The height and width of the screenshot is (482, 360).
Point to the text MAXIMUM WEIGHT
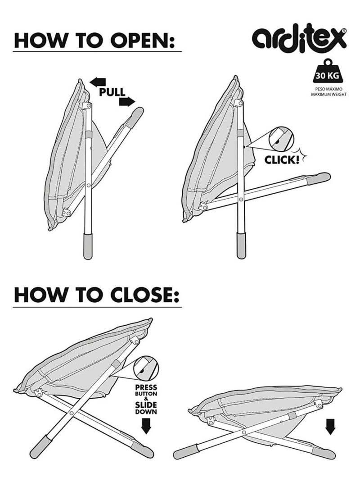pyautogui.click(x=328, y=94)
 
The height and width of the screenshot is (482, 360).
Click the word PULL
pyautogui.click(x=112, y=92)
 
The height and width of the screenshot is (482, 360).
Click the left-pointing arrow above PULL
pyautogui.click(x=98, y=82)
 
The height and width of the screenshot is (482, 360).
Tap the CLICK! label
pyautogui.click(x=282, y=160)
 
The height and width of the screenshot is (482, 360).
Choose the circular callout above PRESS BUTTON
pyautogui.click(x=146, y=368)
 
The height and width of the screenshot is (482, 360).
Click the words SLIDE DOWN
pyautogui.click(x=146, y=408)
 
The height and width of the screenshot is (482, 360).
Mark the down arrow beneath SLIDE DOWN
pyautogui.click(x=146, y=426)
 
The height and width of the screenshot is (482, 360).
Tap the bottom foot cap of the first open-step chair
pyautogui.click(x=88, y=246)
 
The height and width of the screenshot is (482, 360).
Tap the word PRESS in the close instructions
pyautogui.click(x=146, y=388)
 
